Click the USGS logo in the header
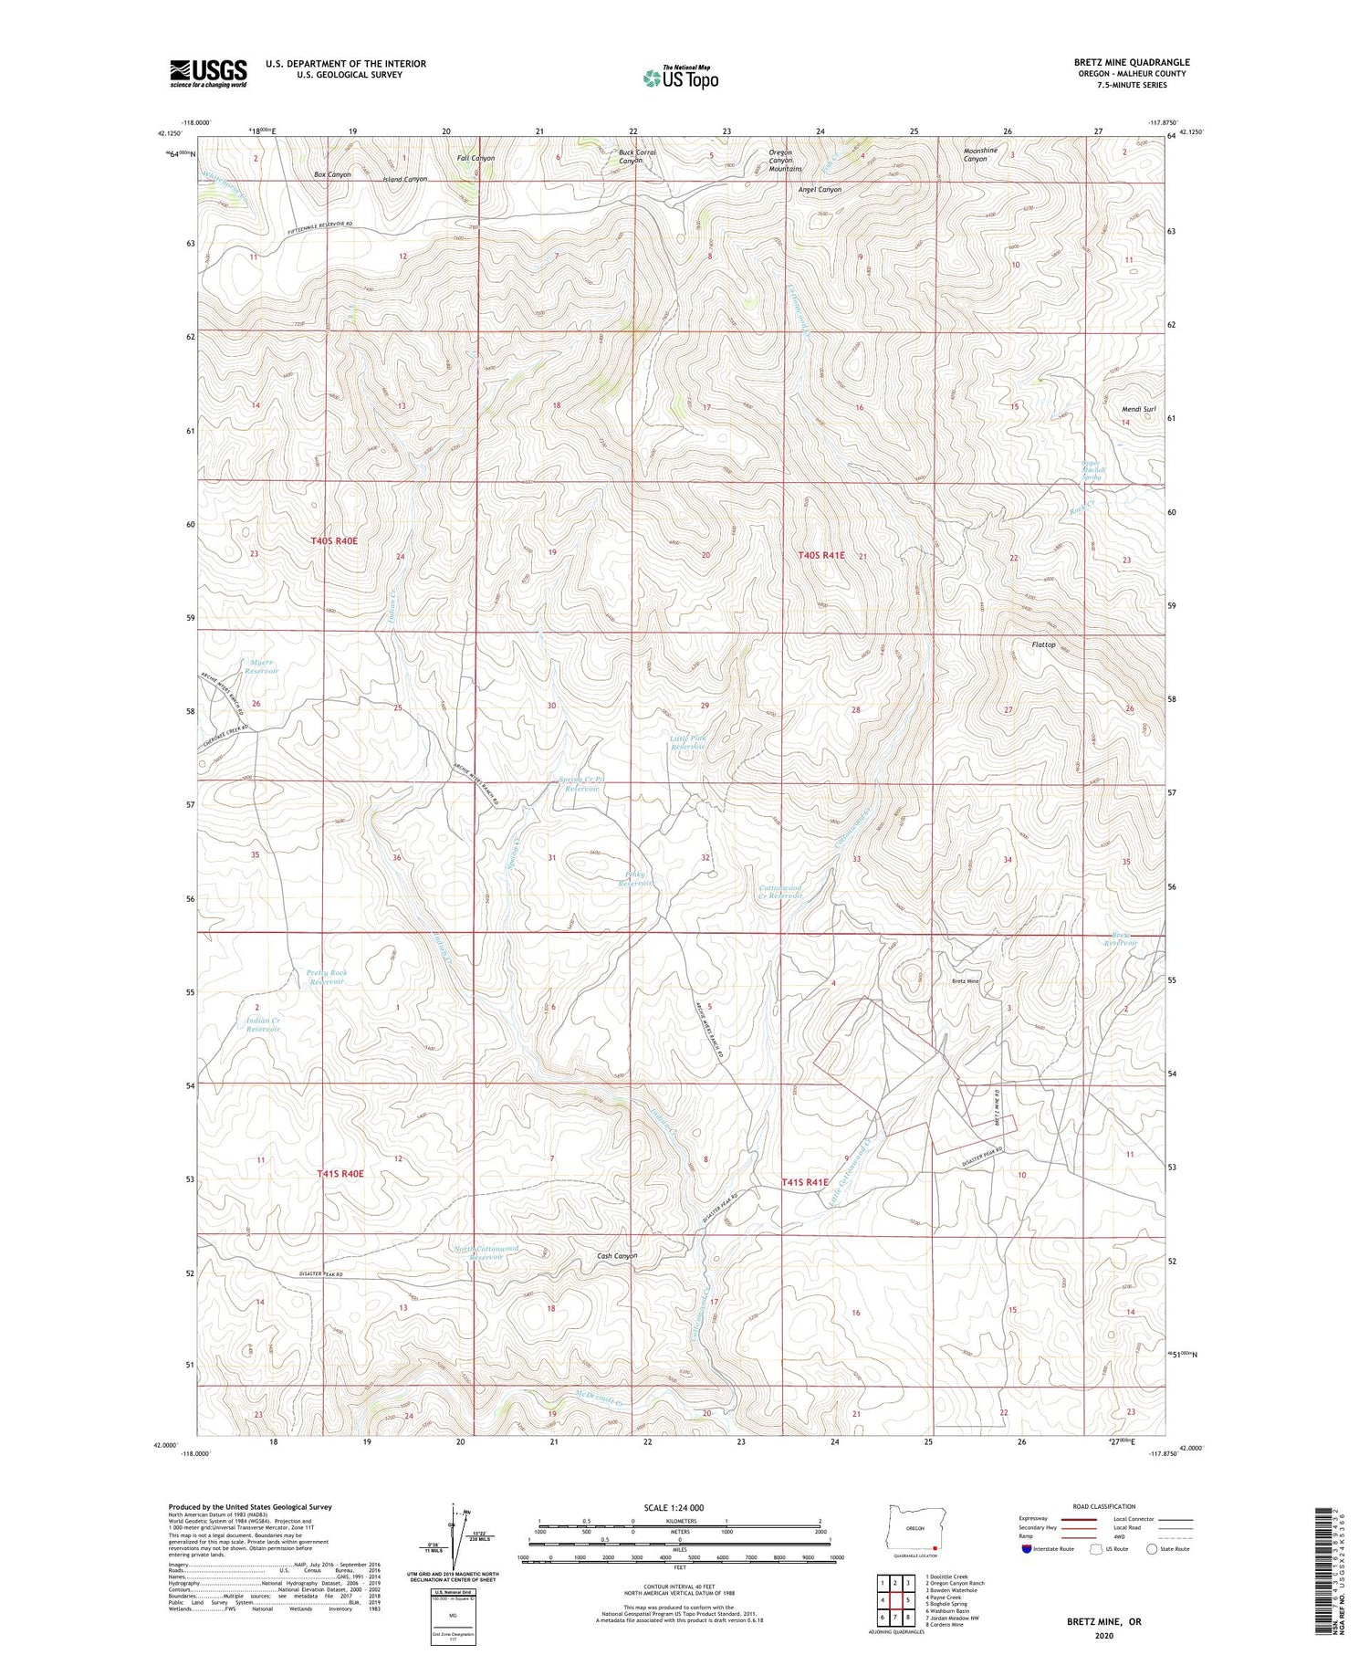[x=208, y=73]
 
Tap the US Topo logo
[x=681, y=79]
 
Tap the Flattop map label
[x=1043, y=644]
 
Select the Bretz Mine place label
[x=965, y=981]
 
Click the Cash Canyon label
[x=617, y=1255]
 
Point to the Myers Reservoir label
[x=261, y=665]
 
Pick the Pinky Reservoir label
[x=635, y=879]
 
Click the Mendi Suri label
[x=1138, y=410]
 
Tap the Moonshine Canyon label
[x=980, y=154]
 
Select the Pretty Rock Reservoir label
[x=327, y=977]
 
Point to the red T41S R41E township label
[x=804, y=1182]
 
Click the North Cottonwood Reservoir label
[x=486, y=1252]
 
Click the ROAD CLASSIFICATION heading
[x=1104, y=1506]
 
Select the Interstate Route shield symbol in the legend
[x=1027, y=1549]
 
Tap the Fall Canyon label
[x=475, y=158]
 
